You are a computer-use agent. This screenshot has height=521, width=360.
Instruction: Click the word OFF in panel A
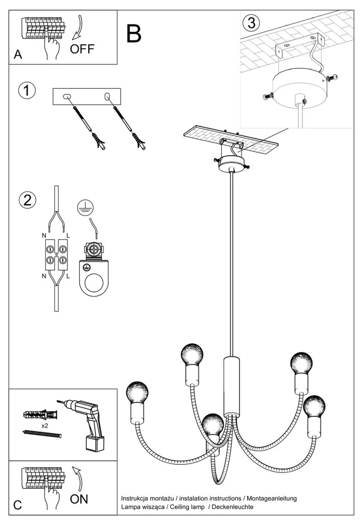(82, 49)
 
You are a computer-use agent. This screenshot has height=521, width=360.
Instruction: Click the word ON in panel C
(79, 499)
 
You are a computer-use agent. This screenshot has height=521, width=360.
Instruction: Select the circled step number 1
(27, 90)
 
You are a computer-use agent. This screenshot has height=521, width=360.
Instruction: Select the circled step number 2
(27, 200)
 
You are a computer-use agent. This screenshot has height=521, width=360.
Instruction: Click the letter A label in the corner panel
(18, 55)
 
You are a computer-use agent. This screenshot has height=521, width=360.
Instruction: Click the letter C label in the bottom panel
(17, 505)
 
